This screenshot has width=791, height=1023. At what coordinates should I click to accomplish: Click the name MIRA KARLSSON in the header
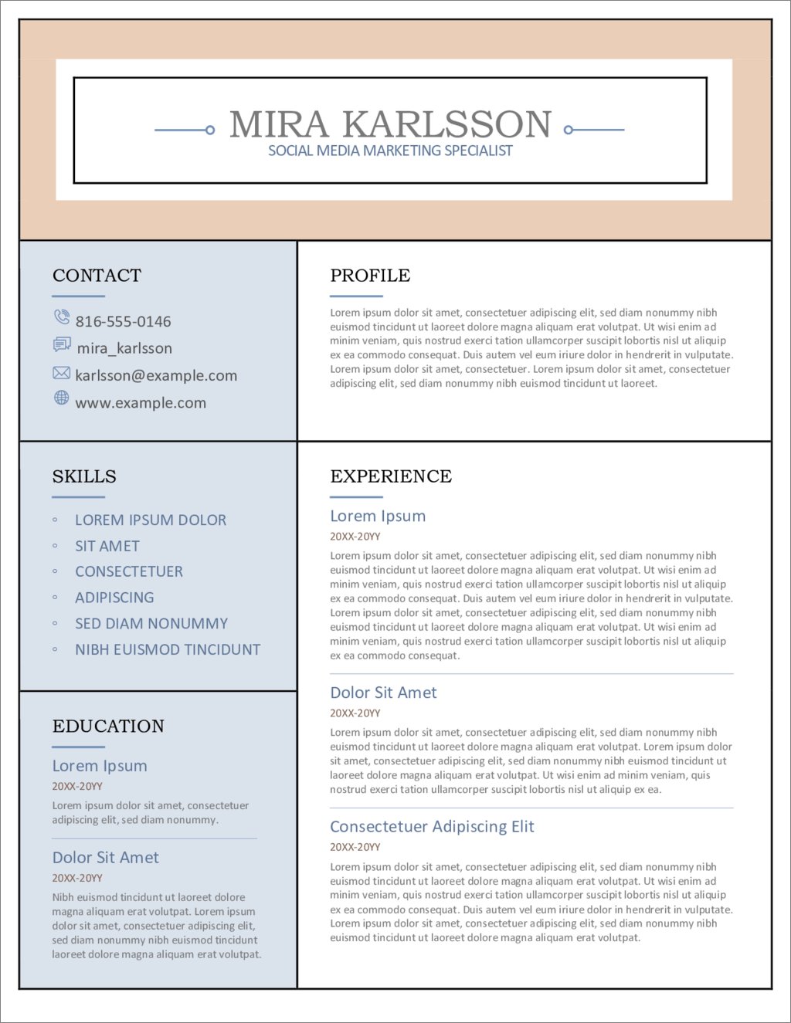[x=390, y=124]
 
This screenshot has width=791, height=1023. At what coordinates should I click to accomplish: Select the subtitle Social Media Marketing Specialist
[x=390, y=151]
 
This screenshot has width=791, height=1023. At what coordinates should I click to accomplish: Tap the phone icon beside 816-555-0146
[x=62, y=317]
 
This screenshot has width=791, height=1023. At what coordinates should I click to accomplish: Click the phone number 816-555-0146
[x=123, y=321]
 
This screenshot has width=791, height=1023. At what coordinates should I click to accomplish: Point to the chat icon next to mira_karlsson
[x=62, y=344]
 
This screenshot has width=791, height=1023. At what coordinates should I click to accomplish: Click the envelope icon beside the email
[x=61, y=373]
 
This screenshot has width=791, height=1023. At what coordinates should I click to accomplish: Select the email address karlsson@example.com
[x=156, y=376]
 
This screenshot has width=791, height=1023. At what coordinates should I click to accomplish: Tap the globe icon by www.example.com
[x=61, y=398]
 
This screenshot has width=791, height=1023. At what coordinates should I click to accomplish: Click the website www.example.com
[x=141, y=403]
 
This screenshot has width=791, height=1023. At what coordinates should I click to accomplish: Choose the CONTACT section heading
[x=97, y=276]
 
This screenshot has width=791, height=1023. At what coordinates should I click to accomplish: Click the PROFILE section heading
[x=370, y=276]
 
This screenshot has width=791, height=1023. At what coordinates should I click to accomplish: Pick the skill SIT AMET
[x=107, y=547]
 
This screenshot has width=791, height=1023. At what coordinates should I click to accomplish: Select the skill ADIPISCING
[x=114, y=598]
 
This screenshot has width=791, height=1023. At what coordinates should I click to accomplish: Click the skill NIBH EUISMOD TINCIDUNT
[x=168, y=650]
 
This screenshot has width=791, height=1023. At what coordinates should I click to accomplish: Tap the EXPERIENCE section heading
[x=391, y=476]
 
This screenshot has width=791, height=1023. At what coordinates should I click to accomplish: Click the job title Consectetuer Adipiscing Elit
[x=432, y=827]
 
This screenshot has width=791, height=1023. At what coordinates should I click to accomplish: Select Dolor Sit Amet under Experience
[x=383, y=693]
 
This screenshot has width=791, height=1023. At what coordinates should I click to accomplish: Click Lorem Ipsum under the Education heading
[x=100, y=766]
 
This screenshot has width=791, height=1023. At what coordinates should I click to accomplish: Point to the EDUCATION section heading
[x=108, y=727]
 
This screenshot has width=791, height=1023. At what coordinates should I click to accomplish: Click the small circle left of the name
[x=210, y=130]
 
